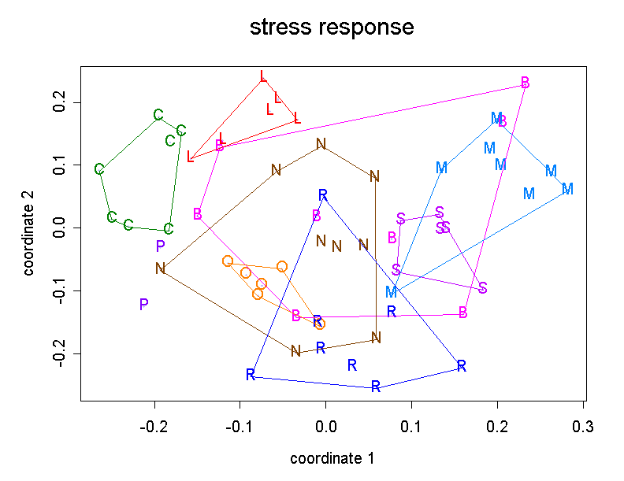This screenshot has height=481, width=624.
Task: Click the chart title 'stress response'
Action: point(331,28)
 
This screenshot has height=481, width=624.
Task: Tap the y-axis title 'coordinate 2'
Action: point(29,228)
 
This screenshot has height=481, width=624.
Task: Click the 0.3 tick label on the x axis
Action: point(583,427)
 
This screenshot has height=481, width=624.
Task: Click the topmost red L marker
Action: point(263,77)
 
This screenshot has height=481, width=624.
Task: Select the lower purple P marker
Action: point(143,305)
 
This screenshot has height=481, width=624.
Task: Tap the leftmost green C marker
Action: point(99,170)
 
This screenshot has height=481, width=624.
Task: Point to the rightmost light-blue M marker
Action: point(567,189)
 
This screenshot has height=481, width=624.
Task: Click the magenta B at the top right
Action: point(525,83)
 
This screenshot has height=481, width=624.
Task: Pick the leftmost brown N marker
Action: point(160,268)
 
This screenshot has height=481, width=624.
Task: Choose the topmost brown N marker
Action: point(321,144)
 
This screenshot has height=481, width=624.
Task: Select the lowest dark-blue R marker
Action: point(376,387)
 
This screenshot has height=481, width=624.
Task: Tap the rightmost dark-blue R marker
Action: point(462,366)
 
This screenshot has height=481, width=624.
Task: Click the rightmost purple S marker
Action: point(483,288)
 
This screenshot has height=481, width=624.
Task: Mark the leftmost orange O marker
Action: point(228,261)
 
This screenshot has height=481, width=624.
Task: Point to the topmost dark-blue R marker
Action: point(322,195)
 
